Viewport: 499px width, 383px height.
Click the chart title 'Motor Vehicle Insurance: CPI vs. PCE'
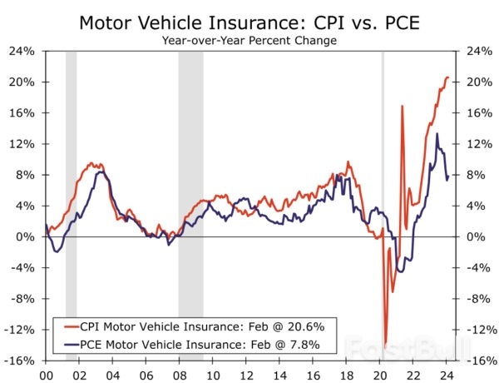(x=249, y=22)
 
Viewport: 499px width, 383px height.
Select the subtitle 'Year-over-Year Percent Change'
(x=249, y=41)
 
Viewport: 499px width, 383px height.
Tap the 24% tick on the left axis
(x=22, y=51)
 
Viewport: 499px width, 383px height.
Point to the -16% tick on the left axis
(x=21, y=361)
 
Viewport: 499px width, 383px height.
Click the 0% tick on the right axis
(x=470, y=236)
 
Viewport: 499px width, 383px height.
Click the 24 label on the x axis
(x=447, y=375)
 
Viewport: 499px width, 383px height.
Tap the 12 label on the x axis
(x=246, y=375)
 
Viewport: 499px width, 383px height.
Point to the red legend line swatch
(x=65, y=326)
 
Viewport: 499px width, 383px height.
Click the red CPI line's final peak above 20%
(x=447, y=77)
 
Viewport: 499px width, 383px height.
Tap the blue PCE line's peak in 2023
(x=437, y=134)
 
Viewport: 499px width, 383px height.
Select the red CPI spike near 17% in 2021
(x=402, y=107)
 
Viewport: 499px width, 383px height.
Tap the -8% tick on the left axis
(x=22, y=299)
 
